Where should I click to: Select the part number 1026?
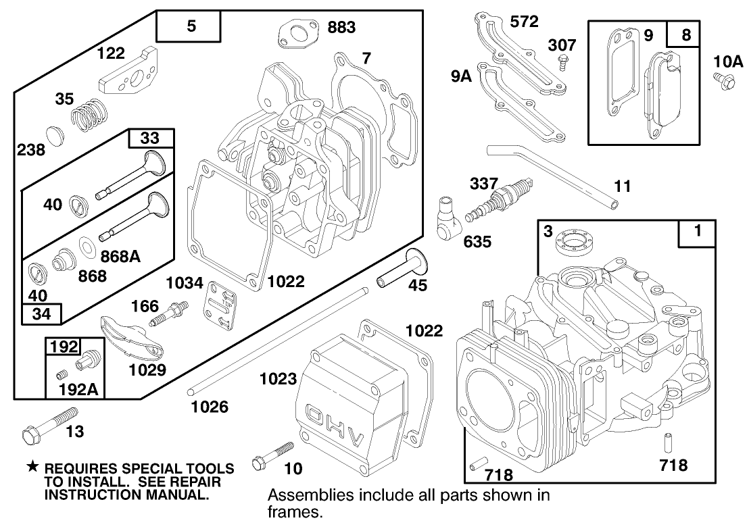coord(209,407)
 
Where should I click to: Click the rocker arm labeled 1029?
coord(132,338)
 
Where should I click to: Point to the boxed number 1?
coord(698,232)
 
